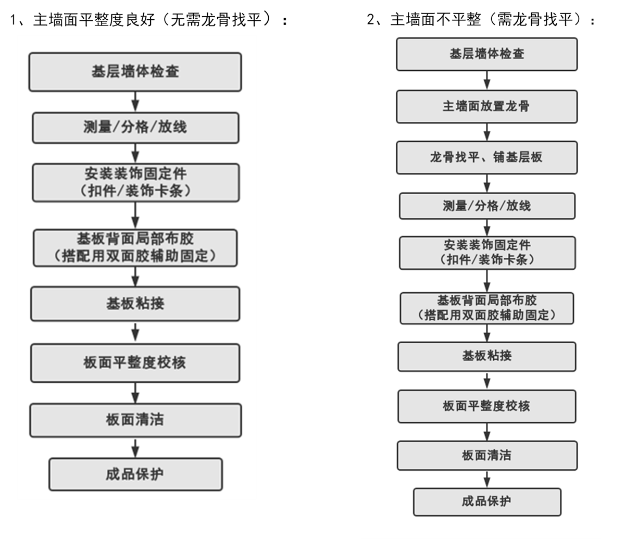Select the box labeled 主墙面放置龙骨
486,106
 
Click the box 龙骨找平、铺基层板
486,157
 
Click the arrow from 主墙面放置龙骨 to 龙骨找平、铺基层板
487,131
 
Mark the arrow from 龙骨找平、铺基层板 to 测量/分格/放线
487,183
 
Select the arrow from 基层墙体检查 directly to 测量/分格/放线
135,101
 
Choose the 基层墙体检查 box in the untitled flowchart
135,71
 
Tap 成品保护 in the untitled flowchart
135,474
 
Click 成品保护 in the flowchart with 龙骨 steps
487,502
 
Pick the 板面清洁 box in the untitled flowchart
135,420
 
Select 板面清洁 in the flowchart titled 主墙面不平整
487,455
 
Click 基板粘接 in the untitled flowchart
135,304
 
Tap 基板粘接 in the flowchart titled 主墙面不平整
487,356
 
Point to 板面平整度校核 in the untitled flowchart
135,362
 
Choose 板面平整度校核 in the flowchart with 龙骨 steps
487,406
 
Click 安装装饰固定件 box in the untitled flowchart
135,182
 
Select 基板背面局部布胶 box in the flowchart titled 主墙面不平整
487,308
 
